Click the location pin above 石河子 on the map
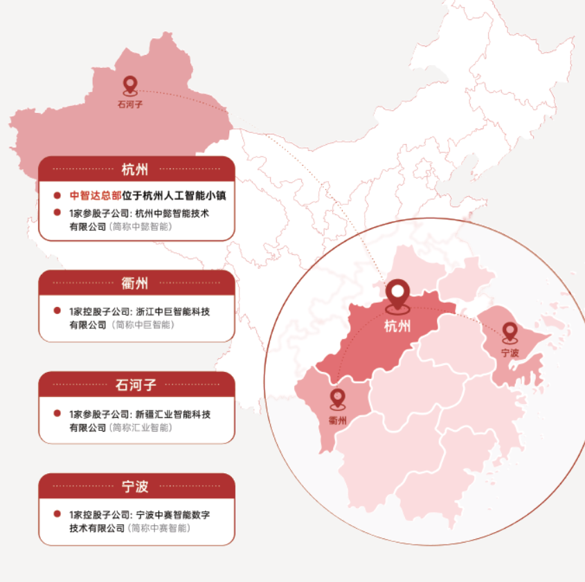(x=130, y=85)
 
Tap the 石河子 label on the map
(x=130, y=105)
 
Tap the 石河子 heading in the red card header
(x=136, y=385)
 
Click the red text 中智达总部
(x=96, y=195)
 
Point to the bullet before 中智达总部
(x=57, y=195)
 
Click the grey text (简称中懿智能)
(x=141, y=227)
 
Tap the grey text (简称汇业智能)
(x=141, y=427)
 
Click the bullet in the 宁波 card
(x=57, y=515)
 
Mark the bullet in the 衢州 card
(x=57, y=311)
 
